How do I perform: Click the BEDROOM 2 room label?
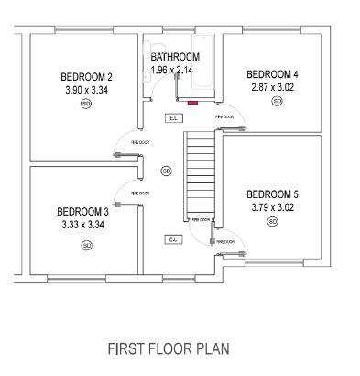tap(86, 76)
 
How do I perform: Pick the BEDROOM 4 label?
tap(272, 73)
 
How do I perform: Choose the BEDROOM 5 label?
tap(272, 194)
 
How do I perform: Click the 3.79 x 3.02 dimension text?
tap(272, 207)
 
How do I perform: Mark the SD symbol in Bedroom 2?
tap(86, 105)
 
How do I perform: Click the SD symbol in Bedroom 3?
tap(87, 245)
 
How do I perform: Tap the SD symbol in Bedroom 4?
tap(277, 102)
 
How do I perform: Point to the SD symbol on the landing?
tap(166, 171)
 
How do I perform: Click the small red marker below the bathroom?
tap(192, 104)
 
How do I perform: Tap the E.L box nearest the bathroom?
tap(172, 117)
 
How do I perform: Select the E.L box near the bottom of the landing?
tap(172, 239)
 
